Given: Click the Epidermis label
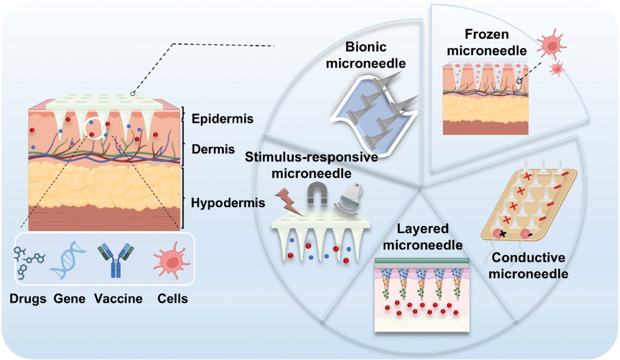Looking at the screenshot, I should pos(222,119).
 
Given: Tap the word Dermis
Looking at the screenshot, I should pos(213,149).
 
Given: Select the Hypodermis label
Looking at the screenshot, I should pos(228,203).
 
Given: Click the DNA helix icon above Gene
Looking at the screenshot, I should pos(68,260).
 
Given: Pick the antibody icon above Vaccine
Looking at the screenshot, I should pos(115,260).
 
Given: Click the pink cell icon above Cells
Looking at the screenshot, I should pos(171,261).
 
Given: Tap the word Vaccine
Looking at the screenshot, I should pos(118,299).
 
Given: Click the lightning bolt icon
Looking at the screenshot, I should pos(288,202).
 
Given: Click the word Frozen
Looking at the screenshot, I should pos(486,34).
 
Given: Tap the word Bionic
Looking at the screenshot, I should pos(366,47).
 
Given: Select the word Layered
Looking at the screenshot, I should pos(422,229).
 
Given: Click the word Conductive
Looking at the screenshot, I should pos(528,258).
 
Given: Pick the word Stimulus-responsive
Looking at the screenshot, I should pos(311,157).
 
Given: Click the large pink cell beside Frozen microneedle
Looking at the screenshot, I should pos(551,45).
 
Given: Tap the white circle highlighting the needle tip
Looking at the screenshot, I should pos(95,128).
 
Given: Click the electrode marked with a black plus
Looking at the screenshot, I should pos(499,233).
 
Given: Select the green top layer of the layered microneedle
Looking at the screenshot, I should pos(422,260).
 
